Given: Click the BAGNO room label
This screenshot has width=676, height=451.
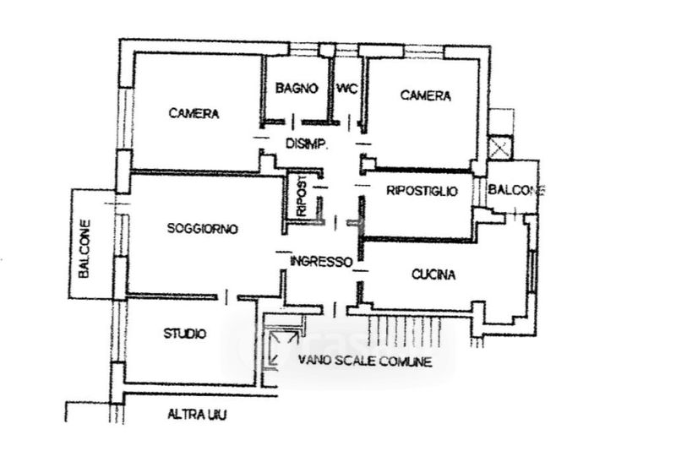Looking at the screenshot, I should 297,88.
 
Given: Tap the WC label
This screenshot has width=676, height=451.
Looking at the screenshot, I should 347,88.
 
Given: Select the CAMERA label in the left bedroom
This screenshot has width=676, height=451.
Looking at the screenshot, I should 194,113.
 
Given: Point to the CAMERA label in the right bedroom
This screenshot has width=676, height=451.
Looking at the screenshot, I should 425,95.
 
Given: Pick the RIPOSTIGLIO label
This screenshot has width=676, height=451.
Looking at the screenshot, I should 422,192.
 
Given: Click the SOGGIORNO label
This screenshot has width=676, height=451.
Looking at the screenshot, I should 203,228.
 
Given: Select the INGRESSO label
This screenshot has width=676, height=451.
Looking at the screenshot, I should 320,262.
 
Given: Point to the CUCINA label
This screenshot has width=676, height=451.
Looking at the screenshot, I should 434,274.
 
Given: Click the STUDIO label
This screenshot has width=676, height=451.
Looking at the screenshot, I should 184,334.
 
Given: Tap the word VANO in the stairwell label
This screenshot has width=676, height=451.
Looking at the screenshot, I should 313,361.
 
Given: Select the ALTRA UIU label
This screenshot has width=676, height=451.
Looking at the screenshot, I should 197,415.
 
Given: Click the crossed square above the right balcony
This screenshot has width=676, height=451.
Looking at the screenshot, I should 500,147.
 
